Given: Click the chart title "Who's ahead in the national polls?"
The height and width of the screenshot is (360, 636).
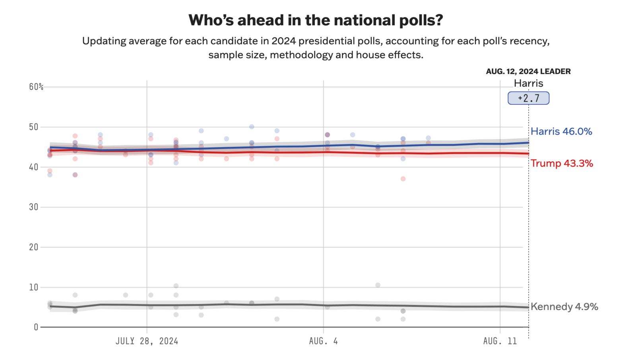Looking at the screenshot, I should (x=316, y=20).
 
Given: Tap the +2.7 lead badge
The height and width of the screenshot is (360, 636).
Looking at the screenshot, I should (x=528, y=98).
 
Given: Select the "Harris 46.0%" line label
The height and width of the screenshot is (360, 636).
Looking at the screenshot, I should (x=561, y=132).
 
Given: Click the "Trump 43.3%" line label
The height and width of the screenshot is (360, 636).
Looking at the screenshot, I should (x=562, y=163).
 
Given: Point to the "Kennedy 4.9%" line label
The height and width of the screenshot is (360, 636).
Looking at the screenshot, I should (x=564, y=307).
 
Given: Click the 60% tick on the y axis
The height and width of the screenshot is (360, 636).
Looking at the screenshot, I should (x=36, y=87).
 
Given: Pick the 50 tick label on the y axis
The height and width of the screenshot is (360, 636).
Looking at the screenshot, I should (x=33, y=127).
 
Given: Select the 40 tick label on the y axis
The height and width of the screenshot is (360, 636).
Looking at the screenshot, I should (x=33, y=167).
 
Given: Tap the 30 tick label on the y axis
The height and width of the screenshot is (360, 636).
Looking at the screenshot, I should (x=33, y=207).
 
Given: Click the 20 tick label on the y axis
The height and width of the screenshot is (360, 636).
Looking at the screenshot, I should (x=33, y=247).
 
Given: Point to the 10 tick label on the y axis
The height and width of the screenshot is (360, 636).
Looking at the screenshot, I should (x=33, y=287).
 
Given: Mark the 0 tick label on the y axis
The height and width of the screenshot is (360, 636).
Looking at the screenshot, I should (x=36, y=327).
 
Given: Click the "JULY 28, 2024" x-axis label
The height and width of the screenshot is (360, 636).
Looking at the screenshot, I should (x=147, y=341).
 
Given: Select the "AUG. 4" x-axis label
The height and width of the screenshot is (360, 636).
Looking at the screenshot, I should (x=323, y=341).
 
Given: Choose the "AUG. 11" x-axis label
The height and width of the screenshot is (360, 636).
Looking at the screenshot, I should (x=500, y=341).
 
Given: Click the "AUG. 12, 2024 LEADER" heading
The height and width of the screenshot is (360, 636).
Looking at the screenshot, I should (x=528, y=72).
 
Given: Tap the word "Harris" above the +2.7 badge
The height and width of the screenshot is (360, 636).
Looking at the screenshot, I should (x=528, y=84).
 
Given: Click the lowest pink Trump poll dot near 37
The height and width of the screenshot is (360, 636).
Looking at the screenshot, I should (x=403, y=179).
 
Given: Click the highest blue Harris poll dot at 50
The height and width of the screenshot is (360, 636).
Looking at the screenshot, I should (x=252, y=127).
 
